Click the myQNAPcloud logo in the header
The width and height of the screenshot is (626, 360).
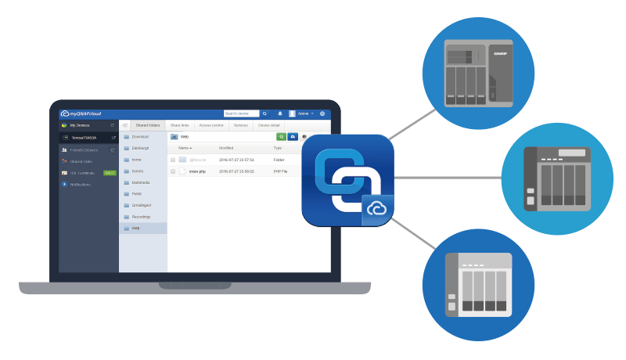click(81, 113)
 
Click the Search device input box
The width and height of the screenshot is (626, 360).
click(241, 113)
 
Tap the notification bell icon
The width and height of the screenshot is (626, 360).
click(280, 113)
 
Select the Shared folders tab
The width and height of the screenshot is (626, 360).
click(147, 125)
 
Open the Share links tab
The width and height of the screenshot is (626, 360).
click(180, 125)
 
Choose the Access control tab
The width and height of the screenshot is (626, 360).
click(210, 125)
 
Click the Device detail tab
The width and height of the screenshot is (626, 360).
click(269, 125)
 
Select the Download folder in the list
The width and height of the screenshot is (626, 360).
click(140, 137)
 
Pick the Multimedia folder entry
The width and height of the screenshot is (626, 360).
click(142, 182)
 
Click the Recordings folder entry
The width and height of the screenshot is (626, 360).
click(141, 217)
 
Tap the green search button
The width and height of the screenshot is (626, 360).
click(281, 137)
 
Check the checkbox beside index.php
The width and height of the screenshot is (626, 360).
click(173, 171)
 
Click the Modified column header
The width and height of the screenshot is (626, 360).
click(226, 148)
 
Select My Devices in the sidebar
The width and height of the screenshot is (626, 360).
click(79, 125)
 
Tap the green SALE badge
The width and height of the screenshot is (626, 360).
click(110, 173)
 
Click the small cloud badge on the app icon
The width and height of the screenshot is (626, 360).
click(377, 210)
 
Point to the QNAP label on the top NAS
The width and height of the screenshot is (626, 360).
click(499, 54)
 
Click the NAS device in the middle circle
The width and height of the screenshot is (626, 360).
click(556, 178)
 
